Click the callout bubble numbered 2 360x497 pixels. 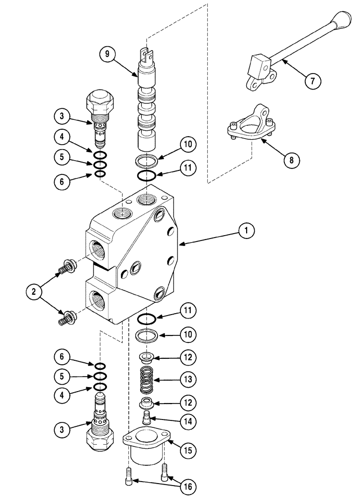tap(34, 292)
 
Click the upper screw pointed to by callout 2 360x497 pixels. tap(67, 268)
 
